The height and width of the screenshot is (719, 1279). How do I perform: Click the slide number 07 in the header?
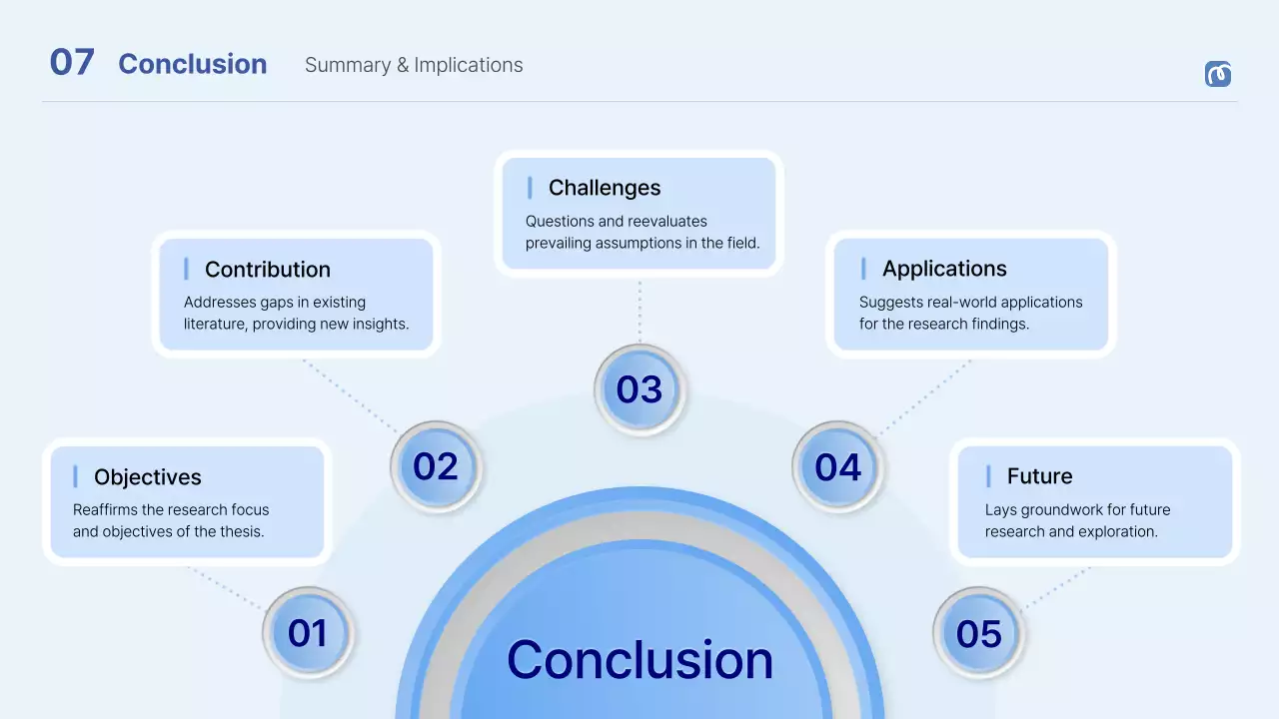tap(72, 63)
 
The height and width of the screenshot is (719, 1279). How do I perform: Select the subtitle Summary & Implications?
tap(414, 65)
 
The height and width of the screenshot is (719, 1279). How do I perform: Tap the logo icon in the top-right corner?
tap(1217, 74)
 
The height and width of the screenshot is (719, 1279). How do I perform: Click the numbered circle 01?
tap(308, 633)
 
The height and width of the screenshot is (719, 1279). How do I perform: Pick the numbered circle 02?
tap(436, 466)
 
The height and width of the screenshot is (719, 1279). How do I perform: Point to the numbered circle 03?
tap(639, 389)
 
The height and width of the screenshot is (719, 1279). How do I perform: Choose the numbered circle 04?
tap(837, 466)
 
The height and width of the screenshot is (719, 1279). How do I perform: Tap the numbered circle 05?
tap(978, 633)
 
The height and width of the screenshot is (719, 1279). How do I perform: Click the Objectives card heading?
tap(147, 477)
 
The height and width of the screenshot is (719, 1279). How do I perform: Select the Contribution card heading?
tap(267, 270)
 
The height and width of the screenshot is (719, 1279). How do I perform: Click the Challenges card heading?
tap(605, 188)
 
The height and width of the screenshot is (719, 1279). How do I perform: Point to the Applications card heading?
tap(944, 269)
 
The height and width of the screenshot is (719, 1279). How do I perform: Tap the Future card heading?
tap(1039, 476)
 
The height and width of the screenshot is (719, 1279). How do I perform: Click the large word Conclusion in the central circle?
tap(639, 660)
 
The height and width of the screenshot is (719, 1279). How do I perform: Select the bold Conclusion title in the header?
tap(192, 64)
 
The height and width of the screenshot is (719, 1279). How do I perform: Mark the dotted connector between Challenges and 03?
tap(639, 311)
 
